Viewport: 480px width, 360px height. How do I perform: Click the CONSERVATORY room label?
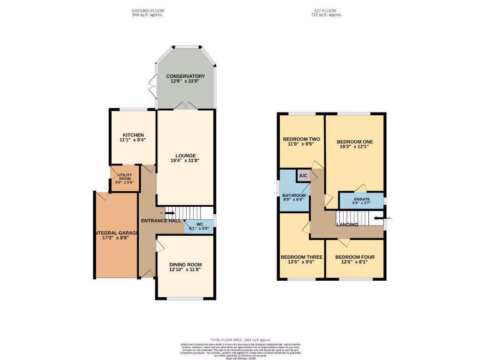pyautogui.click(x=185, y=76)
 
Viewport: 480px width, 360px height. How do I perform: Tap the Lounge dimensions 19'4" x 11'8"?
pyautogui.click(x=185, y=161)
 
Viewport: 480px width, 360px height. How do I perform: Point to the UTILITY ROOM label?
pyautogui.click(x=125, y=177)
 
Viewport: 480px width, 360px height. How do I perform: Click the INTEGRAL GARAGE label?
pyautogui.click(x=116, y=233)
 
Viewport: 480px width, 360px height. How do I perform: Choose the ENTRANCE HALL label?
pyautogui.click(x=161, y=220)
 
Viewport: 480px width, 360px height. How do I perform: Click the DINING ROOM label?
pyautogui.click(x=185, y=264)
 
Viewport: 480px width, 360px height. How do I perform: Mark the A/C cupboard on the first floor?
pyautogui.click(x=303, y=176)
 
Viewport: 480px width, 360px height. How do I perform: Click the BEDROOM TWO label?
pyautogui.click(x=301, y=139)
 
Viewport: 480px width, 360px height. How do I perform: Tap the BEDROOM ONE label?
pyautogui.click(x=355, y=142)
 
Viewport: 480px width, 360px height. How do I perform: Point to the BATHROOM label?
pyautogui.click(x=294, y=195)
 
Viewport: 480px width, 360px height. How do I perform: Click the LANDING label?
pyautogui.click(x=347, y=225)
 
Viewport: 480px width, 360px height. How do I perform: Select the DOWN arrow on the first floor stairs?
pyautogui.click(x=379, y=218)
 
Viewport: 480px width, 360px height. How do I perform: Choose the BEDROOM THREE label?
pyautogui.click(x=301, y=257)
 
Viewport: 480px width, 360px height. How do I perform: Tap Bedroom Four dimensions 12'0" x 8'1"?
pyautogui.click(x=355, y=262)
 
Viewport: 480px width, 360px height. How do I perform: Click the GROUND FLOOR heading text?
pyautogui.click(x=148, y=11)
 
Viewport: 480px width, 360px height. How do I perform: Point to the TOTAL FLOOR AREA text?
pyautogui.click(x=240, y=340)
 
